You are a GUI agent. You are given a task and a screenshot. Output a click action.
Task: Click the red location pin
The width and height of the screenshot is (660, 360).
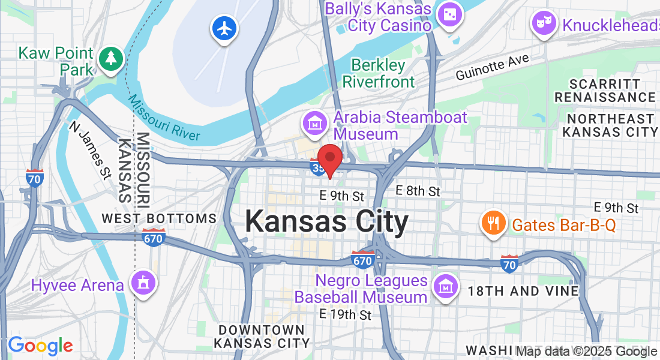(329, 158)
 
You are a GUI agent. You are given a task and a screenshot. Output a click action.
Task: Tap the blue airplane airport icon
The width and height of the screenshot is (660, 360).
(224, 28)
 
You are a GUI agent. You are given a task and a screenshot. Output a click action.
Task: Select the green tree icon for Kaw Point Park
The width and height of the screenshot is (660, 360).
(110, 59)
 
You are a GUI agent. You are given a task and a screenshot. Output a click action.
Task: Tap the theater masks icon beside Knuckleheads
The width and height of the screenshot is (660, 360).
(544, 24)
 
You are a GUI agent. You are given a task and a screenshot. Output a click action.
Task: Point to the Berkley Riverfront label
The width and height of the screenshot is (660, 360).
(378, 73)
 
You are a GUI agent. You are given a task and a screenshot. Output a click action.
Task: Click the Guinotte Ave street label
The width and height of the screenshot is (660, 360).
(492, 67)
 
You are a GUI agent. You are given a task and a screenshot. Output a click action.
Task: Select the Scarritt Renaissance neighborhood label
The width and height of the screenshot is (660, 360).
(605, 90)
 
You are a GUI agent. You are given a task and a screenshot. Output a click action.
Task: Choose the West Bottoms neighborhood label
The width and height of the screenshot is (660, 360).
(159, 218)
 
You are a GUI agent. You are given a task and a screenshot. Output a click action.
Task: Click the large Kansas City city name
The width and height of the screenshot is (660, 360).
(326, 222)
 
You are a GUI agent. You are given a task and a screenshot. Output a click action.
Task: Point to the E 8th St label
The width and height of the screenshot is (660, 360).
(418, 191)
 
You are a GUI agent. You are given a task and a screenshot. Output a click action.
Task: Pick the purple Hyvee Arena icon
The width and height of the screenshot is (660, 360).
(143, 283)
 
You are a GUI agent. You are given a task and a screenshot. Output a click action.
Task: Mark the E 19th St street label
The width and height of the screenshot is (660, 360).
(345, 314)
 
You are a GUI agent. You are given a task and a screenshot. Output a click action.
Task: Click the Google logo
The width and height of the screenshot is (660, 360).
(40, 346)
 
